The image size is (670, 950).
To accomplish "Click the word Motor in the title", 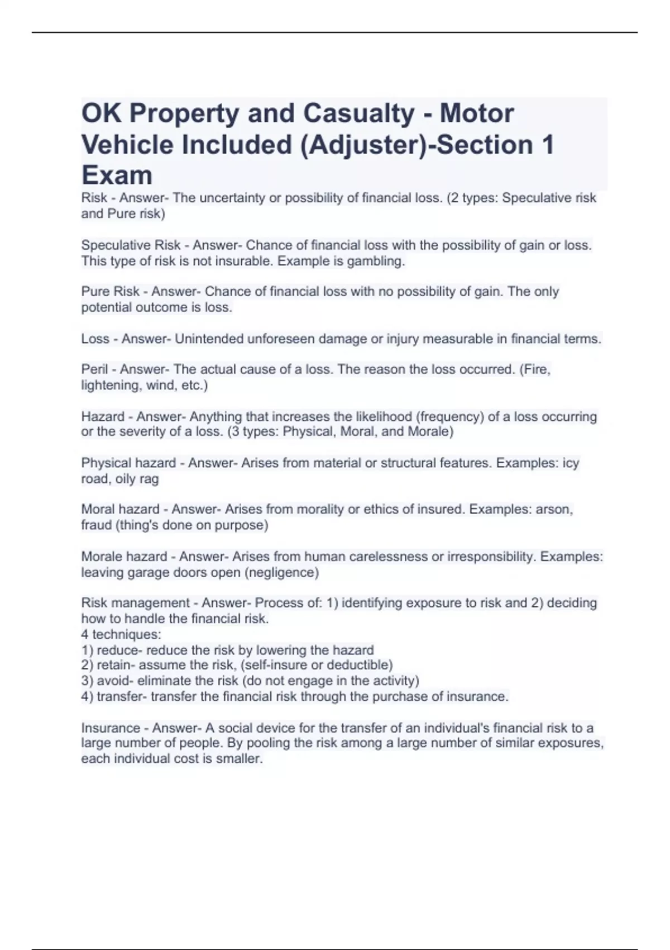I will (x=476, y=113).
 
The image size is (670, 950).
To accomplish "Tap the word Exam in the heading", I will (x=117, y=175).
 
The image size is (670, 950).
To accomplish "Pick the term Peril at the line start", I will (x=95, y=369).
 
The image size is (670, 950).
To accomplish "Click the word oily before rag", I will (x=125, y=479).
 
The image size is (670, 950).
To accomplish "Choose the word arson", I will (x=554, y=509).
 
